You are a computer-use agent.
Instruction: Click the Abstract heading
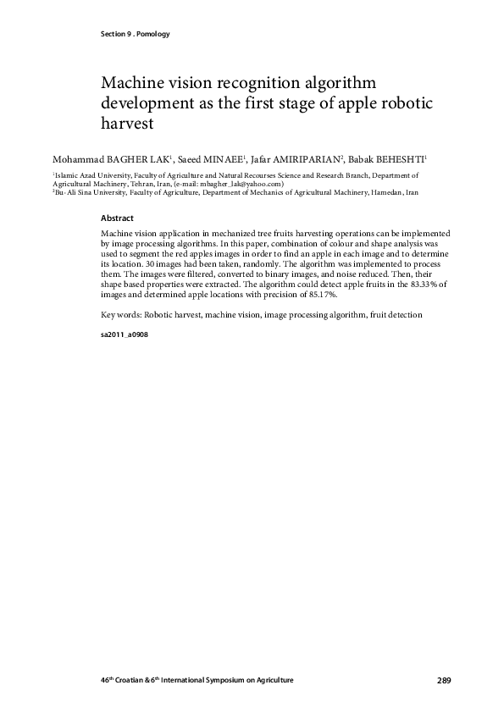tap(116, 218)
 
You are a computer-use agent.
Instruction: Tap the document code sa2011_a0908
tap(125, 335)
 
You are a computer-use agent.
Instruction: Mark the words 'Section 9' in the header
tap(111, 34)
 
